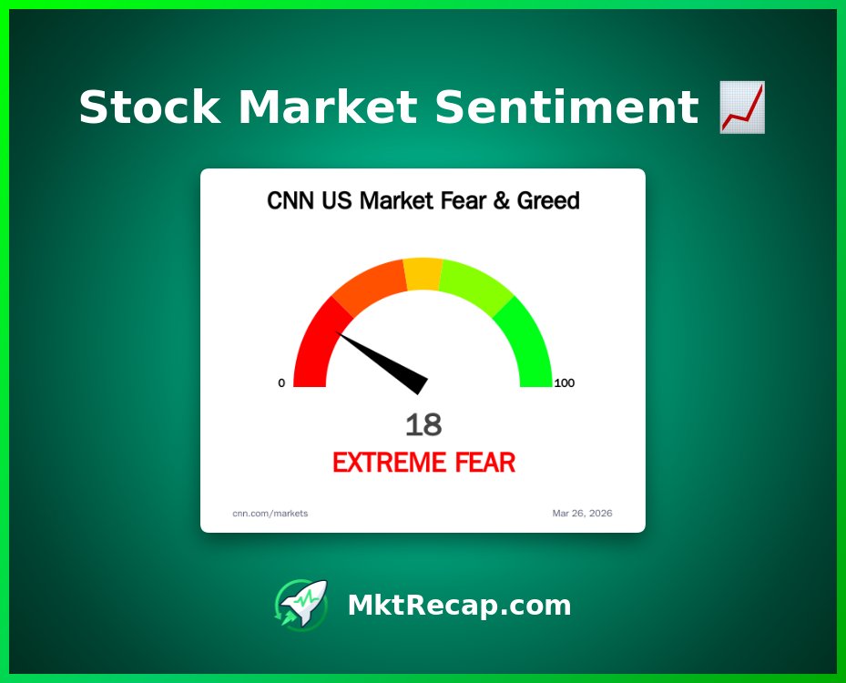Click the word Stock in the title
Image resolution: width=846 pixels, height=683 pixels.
point(149,107)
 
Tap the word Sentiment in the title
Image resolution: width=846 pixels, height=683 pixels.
point(566,107)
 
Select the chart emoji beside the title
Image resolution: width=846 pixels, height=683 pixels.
point(742,107)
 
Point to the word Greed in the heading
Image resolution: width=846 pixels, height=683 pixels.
point(548,200)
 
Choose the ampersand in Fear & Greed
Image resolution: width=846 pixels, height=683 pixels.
point(501,200)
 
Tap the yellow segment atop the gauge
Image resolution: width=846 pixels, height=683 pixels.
point(423,274)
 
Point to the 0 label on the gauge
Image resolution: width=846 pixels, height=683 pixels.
point(281,383)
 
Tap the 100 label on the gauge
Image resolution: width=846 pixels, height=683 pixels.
point(565,383)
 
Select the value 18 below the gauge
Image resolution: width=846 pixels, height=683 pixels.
point(423,424)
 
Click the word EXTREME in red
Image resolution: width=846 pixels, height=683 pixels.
point(390,463)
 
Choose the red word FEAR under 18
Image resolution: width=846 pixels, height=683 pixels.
point(485,463)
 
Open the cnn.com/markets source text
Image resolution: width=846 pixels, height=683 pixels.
point(270,513)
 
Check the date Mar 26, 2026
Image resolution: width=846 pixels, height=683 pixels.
point(582,513)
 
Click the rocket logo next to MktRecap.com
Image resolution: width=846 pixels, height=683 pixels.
point(301,605)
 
